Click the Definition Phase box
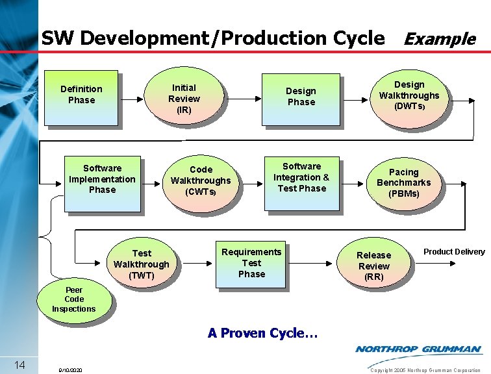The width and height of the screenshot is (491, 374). click(81, 96)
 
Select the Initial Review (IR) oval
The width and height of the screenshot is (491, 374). click(184, 98)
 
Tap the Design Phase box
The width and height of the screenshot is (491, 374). click(301, 97)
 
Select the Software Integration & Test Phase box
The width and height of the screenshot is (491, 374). click(301, 179)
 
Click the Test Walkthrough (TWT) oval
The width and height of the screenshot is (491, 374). click(141, 264)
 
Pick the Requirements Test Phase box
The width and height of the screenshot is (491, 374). click(251, 263)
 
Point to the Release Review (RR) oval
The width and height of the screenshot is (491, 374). click(373, 266)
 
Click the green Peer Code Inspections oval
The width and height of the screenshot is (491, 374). click(73, 299)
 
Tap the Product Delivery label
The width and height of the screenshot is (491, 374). click(454, 252)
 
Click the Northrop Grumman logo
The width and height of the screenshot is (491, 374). click(418, 349)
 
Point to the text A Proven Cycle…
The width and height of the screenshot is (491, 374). click(262, 333)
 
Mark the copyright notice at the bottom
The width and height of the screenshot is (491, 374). click(425, 369)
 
